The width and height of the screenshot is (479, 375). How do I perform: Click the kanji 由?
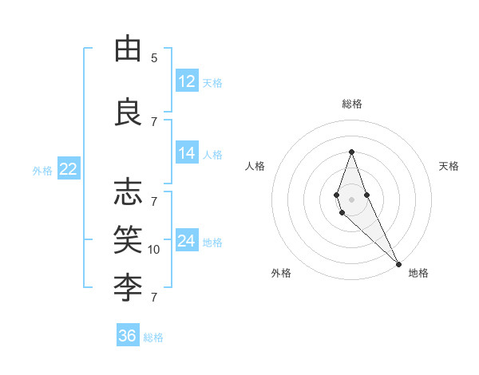coord(128,49)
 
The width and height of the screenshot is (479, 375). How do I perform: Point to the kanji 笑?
coord(128,238)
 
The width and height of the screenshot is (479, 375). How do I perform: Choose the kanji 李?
coord(128,284)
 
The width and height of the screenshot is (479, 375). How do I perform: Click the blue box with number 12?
coord(187,81)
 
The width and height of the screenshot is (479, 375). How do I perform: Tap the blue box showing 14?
coord(187,154)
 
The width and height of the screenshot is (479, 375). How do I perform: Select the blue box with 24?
coord(187,241)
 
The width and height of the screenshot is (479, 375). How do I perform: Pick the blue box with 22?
coord(68,169)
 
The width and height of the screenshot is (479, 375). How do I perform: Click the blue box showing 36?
coord(128,336)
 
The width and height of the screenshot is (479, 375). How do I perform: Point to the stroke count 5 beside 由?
coord(154,58)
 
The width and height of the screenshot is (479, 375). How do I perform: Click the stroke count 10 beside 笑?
coord(154,250)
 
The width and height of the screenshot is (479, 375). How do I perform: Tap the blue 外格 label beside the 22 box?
coord(42,170)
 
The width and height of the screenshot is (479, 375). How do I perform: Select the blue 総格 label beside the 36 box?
coord(154,337)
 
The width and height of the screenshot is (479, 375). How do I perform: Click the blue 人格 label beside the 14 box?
coord(212,155)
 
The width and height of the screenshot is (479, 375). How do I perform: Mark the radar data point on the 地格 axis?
coord(398,263)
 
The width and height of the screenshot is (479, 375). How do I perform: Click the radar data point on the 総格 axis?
coord(351,152)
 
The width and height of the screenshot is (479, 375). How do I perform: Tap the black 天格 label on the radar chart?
coord(449,166)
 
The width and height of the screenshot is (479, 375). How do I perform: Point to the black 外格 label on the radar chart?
coord(281,273)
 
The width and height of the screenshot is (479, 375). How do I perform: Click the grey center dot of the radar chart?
coord(351,199)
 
